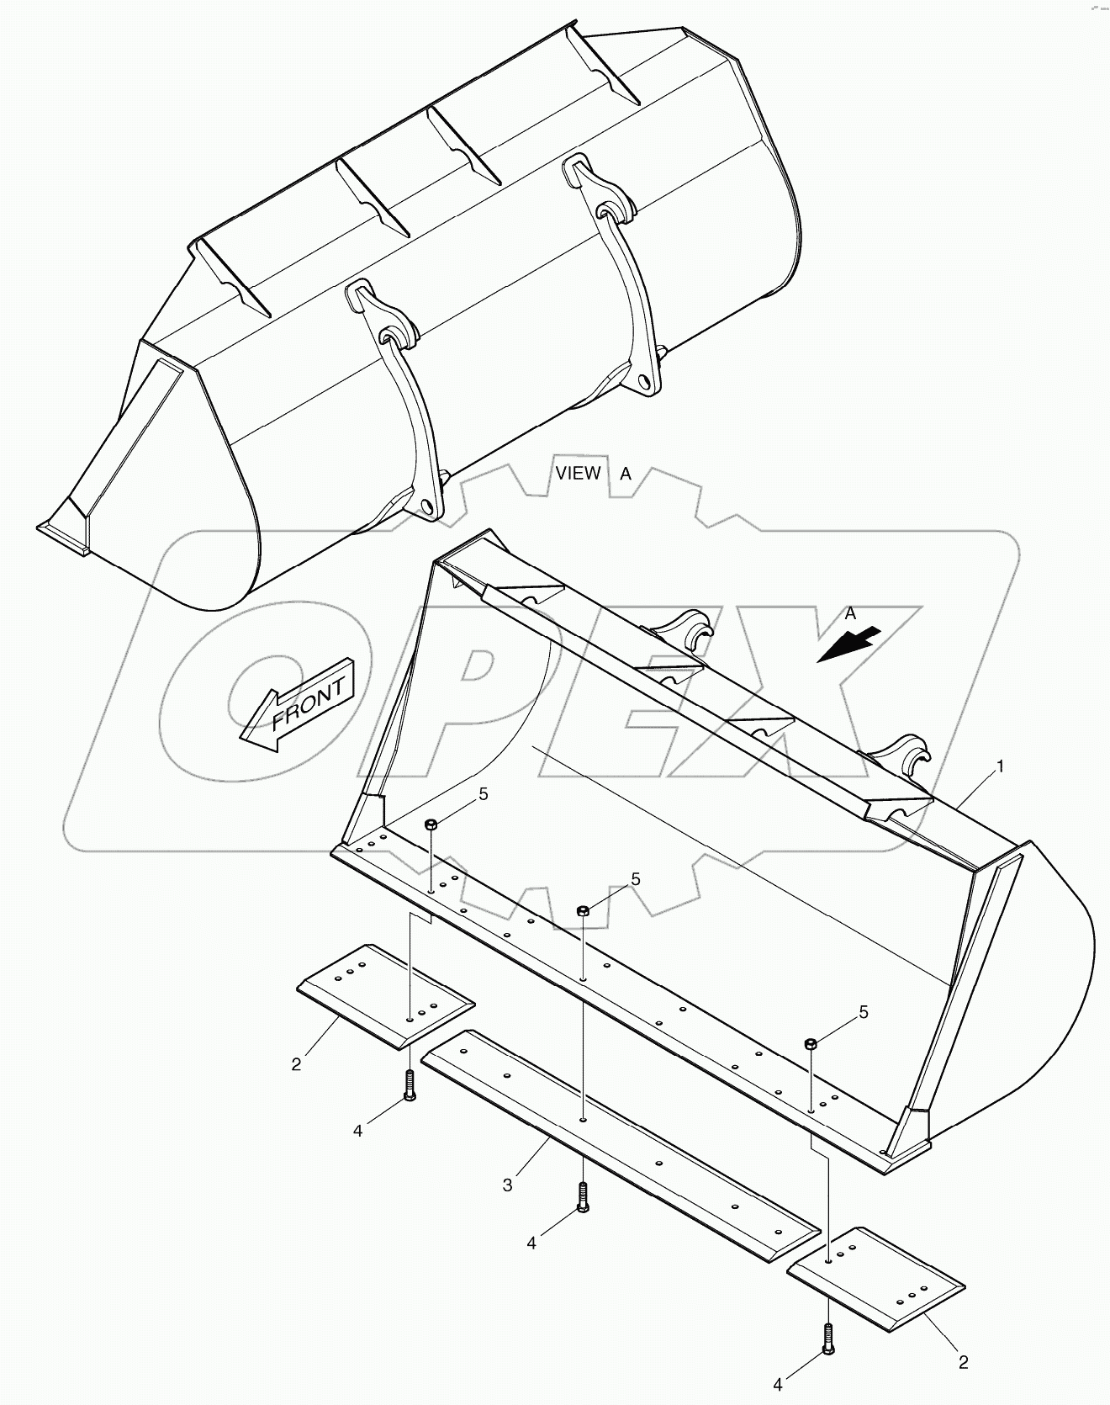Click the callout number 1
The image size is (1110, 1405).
tap(1000, 766)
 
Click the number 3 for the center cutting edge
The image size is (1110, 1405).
tap(507, 1185)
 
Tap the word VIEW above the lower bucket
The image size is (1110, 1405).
tap(578, 473)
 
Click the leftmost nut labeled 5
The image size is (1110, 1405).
tap(430, 824)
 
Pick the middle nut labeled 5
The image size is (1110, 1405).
tap(582, 911)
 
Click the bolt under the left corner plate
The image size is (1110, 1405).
tap(409, 1085)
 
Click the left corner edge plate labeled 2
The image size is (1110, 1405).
tap(385, 995)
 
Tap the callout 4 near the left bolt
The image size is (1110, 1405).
tap(357, 1132)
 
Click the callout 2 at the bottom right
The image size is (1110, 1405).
tap(964, 1362)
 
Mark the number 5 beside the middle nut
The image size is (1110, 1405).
tap(636, 879)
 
